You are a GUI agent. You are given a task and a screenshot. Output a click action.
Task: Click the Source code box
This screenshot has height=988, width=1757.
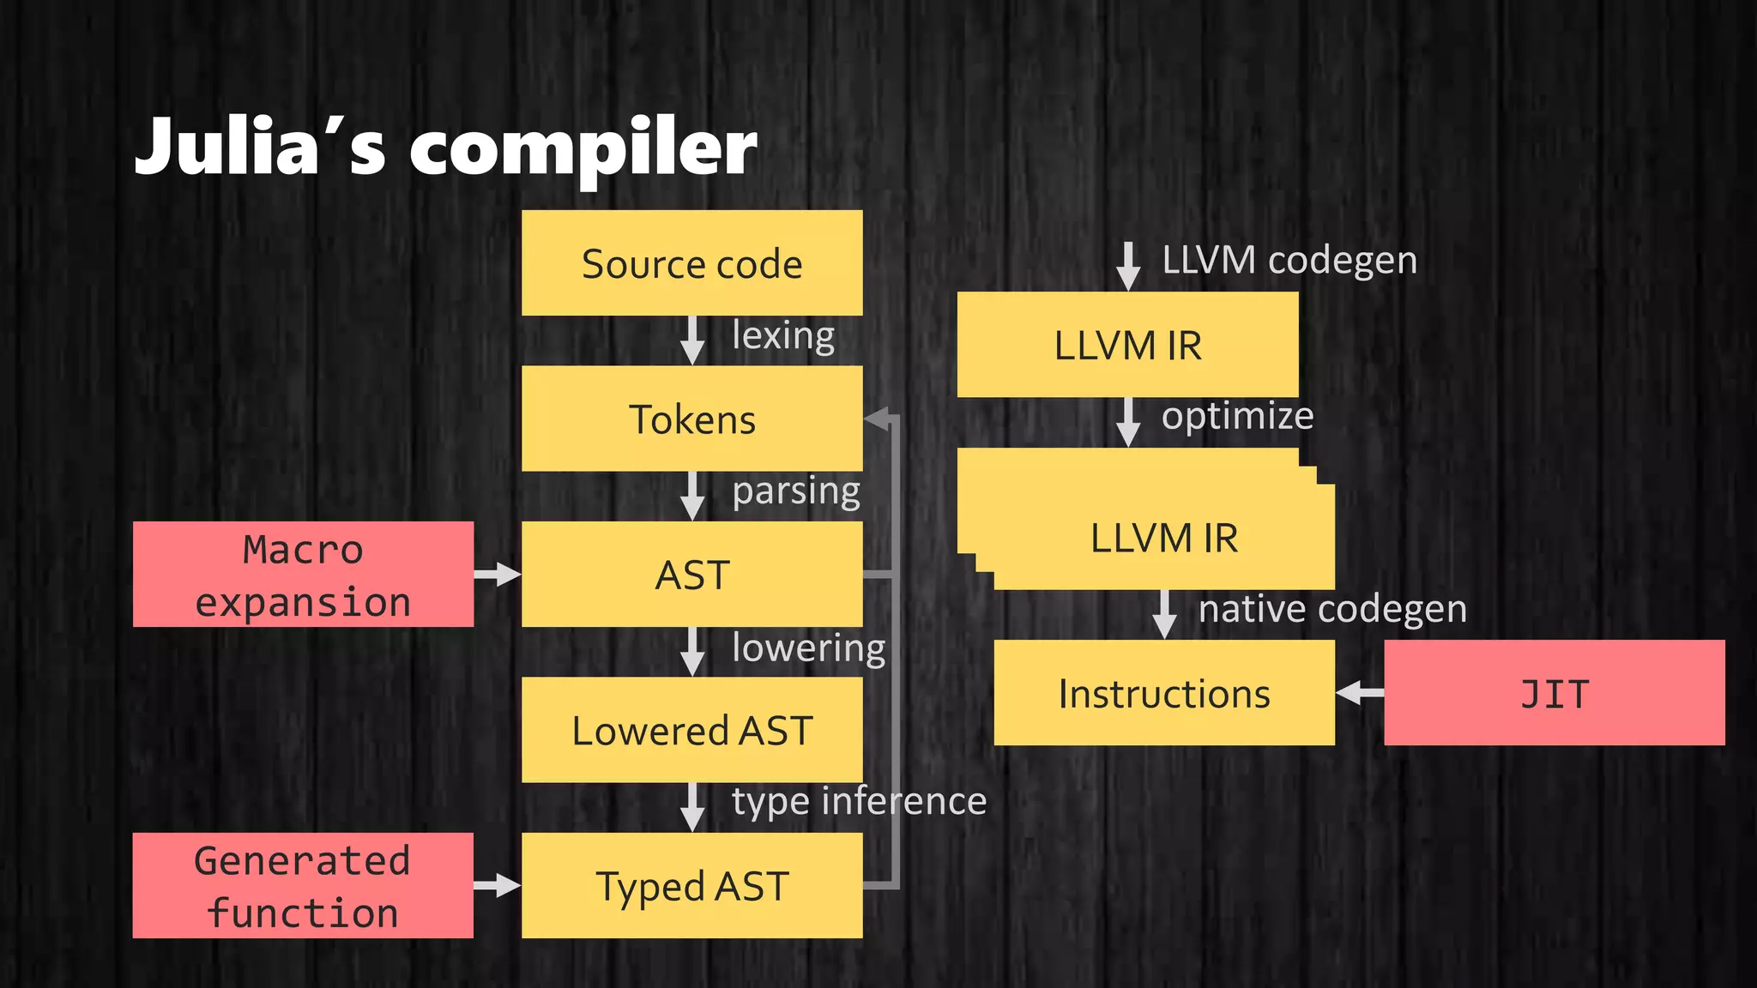(x=691, y=263)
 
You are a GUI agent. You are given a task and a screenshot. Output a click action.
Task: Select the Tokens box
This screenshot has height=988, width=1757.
(x=691, y=419)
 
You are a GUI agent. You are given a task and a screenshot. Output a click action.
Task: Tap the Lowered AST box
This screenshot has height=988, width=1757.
(x=691, y=731)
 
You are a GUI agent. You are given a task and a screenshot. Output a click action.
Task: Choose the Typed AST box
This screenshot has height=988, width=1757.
(x=691, y=886)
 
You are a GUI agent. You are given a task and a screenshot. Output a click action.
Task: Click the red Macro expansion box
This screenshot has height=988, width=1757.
(x=303, y=575)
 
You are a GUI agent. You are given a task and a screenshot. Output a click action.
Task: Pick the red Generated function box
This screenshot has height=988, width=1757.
(x=303, y=886)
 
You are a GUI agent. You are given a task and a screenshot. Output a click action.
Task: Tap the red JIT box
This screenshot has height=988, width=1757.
(x=1554, y=693)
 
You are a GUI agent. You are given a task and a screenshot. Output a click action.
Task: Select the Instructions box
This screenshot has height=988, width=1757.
(x=1164, y=693)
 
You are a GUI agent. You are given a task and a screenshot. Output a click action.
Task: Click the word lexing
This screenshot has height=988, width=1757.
(x=783, y=335)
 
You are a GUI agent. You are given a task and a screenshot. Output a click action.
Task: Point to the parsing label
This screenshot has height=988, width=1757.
(x=796, y=491)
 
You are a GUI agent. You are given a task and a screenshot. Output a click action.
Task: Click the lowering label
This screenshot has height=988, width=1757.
(x=808, y=648)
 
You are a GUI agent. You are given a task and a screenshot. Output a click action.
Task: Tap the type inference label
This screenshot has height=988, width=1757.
(x=859, y=801)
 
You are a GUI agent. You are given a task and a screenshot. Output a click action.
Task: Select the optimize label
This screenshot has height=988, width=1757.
(x=1237, y=416)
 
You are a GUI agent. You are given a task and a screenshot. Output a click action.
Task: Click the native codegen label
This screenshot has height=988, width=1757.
(x=1331, y=609)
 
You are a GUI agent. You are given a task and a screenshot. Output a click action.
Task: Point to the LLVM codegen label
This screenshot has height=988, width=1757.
(x=1289, y=260)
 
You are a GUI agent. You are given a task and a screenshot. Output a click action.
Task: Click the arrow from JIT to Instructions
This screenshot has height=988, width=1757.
(x=1360, y=693)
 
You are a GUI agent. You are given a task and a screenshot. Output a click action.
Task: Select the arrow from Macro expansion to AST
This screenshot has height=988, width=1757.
(x=498, y=575)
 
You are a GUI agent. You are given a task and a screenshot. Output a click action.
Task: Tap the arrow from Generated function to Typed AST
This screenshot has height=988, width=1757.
(x=498, y=886)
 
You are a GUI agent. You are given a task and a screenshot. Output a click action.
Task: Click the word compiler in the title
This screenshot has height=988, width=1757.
(x=583, y=148)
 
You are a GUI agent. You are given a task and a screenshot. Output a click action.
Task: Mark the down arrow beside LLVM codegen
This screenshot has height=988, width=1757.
(x=1128, y=266)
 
